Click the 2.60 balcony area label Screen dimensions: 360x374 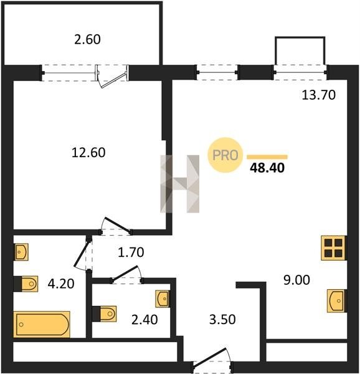(x=87, y=40)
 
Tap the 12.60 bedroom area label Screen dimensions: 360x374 (x=88, y=153)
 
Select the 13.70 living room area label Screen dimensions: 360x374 (x=318, y=95)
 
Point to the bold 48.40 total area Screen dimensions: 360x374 (x=267, y=168)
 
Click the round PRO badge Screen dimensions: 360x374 (x=225, y=155)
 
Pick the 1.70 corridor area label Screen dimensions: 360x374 (x=131, y=252)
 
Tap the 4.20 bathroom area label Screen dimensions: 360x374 (x=61, y=284)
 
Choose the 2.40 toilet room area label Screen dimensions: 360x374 (x=144, y=320)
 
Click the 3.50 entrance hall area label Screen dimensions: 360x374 (x=222, y=320)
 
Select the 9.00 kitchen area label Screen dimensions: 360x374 (x=296, y=280)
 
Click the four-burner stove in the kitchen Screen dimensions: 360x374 (x=333, y=248)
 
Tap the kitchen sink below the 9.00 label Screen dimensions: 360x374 (x=336, y=301)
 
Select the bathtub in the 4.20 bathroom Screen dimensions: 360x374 (x=42, y=324)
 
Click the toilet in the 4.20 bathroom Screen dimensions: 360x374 (x=26, y=284)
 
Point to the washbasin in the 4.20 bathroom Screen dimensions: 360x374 (x=21, y=252)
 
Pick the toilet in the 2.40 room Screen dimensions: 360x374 (x=105, y=314)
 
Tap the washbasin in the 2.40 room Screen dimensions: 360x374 (x=163, y=299)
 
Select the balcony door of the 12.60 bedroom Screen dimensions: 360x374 (x=112, y=76)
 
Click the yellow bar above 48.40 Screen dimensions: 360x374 (x=267, y=157)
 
